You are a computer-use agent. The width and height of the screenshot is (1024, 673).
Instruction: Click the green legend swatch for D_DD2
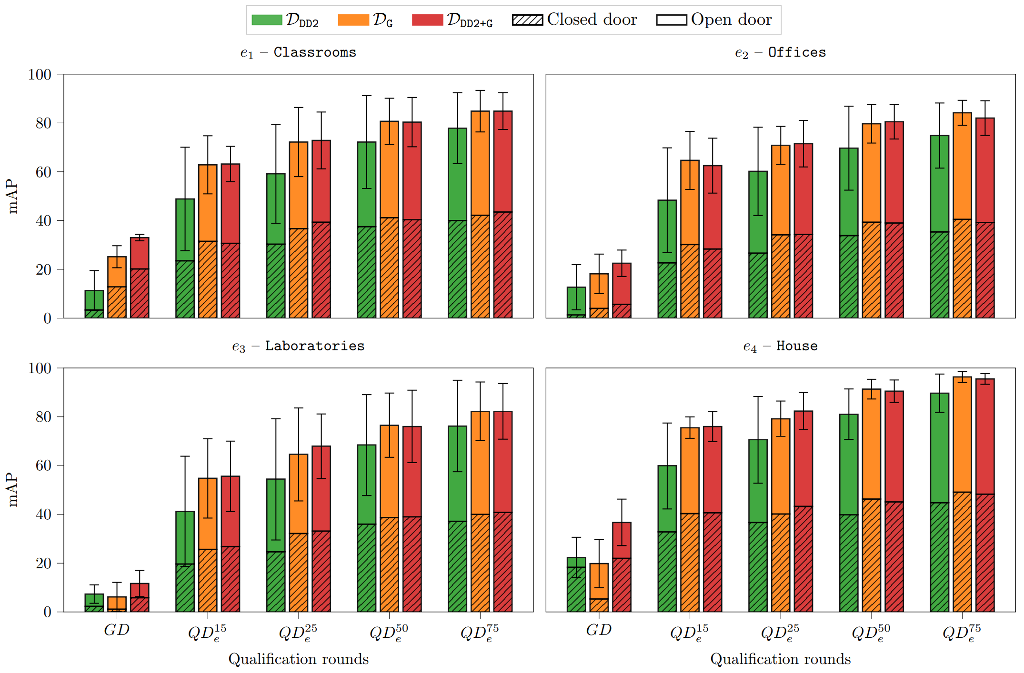[267, 20]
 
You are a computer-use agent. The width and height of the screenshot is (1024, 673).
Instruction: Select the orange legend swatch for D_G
[353, 20]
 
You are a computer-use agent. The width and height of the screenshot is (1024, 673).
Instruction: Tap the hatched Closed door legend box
[527, 20]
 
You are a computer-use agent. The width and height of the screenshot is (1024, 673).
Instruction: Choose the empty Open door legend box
[671, 20]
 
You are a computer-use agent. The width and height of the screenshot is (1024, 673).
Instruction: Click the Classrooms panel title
[298, 52]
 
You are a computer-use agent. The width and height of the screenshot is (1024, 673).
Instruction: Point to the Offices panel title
[780, 52]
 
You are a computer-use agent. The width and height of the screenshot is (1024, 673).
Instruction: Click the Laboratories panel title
[298, 346]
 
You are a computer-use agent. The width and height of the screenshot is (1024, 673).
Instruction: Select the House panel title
[780, 346]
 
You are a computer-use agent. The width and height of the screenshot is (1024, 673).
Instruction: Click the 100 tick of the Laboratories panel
[40, 368]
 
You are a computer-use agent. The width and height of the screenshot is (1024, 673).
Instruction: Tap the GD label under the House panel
[599, 630]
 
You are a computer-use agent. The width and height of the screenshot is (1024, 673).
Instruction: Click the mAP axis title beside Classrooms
[13, 196]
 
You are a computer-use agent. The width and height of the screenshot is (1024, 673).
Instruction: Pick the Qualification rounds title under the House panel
[780, 659]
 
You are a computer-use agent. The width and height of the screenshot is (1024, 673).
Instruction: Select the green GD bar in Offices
[576, 302]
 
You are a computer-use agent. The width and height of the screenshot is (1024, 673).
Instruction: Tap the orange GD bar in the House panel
[599, 587]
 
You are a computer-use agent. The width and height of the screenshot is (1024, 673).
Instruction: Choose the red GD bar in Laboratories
[140, 597]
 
